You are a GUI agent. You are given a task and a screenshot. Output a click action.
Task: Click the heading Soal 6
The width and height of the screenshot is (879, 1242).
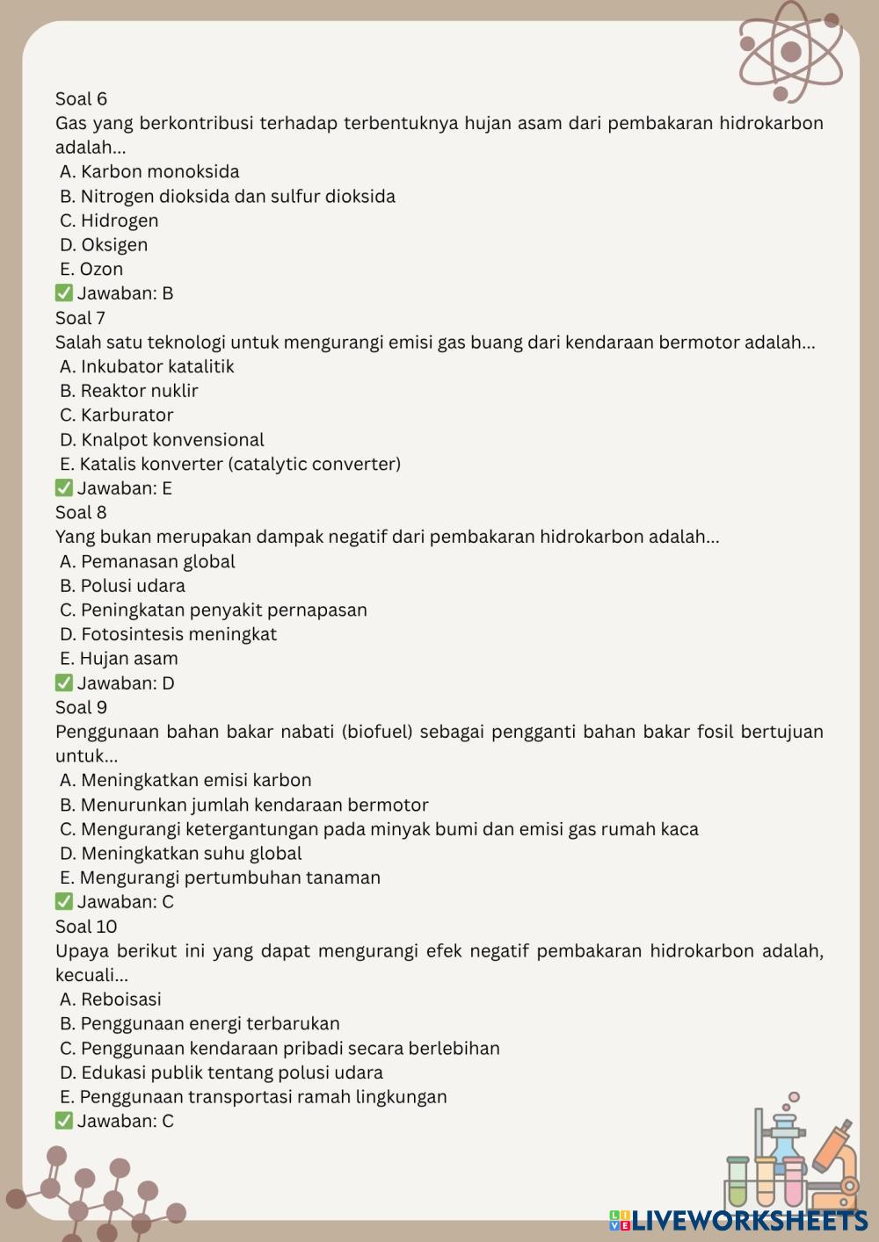[81, 99]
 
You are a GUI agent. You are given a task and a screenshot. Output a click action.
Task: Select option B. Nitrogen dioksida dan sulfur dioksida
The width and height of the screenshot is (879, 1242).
[228, 197]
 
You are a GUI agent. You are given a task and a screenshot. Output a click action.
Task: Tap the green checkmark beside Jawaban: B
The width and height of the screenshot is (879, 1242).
[64, 293]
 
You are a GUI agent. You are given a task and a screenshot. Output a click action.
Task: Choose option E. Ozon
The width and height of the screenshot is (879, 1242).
[91, 270]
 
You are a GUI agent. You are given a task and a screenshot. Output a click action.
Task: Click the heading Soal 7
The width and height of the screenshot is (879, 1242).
[80, 318]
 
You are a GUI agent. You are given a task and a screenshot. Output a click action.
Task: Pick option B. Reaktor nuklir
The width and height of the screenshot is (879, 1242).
[129, 391]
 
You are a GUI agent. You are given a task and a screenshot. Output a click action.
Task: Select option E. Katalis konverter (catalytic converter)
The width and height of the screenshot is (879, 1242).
[230, 464]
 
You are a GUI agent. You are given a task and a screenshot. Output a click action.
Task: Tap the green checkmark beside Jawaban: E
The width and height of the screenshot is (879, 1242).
[64, 488]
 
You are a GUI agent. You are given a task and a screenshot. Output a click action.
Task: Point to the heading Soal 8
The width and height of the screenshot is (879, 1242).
[81, 513]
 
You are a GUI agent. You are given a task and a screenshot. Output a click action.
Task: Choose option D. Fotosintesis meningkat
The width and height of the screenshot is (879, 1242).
[168, 634]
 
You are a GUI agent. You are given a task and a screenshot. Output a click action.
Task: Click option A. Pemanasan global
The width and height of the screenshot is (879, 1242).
[148, 561]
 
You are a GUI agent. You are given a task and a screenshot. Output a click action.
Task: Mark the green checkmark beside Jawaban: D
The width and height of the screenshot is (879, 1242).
[64, 683]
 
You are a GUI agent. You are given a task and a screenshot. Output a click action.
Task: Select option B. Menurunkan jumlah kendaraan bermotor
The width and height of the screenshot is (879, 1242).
[244, 805]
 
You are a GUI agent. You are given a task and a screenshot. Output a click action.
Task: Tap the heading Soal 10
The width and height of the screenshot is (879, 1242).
[86, 927]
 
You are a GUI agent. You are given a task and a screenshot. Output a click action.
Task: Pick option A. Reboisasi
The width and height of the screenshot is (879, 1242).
[111, 1000]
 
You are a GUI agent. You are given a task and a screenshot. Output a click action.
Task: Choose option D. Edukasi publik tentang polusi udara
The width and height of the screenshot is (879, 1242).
[222, 1072]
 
